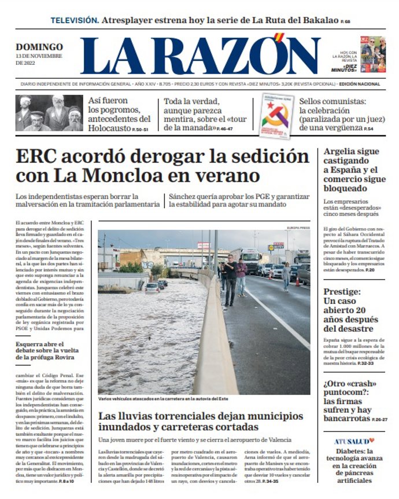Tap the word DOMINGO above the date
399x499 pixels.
(x=39, y=47)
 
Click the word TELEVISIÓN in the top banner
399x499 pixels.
(x=74, y=20)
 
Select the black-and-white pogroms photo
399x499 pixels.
(x=49, y=113)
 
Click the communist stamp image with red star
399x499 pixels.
(x=275, y=115)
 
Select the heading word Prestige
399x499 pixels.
(x=342, y=292)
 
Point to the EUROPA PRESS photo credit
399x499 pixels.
(x=298, y=228)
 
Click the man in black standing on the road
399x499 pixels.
(x=230, y=278)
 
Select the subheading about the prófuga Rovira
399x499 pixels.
(x=51, y=353)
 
